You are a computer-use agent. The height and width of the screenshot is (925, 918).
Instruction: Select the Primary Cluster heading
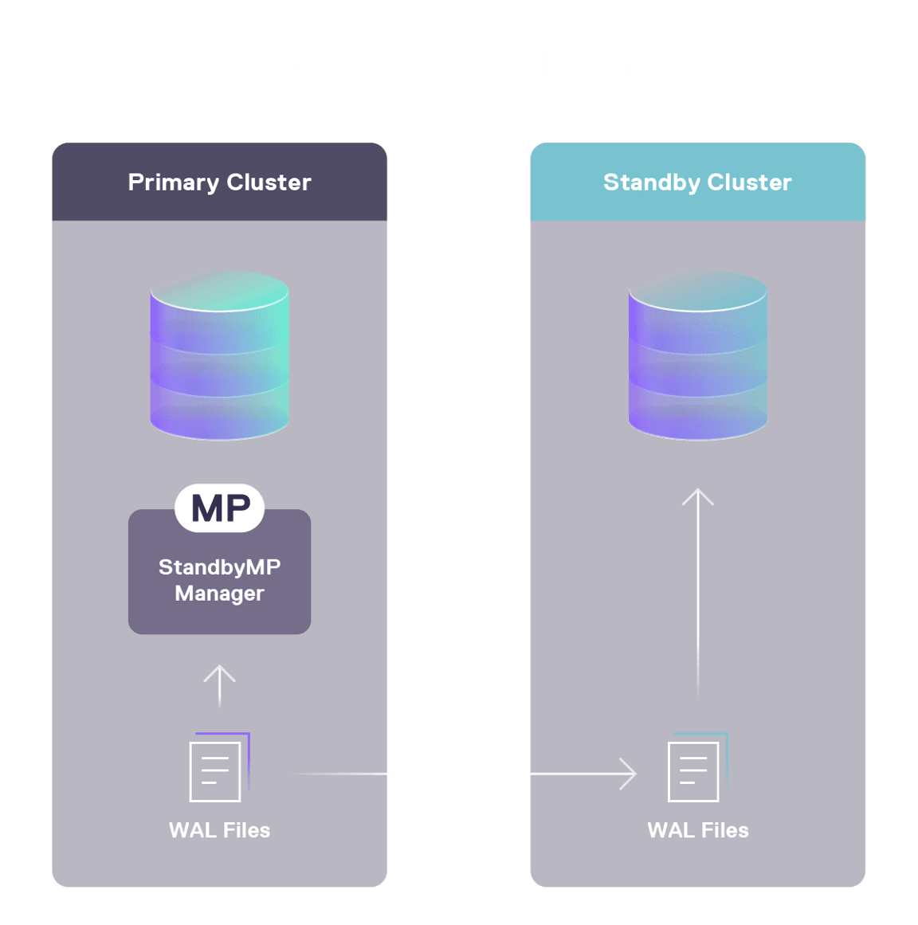[x=219, y=182]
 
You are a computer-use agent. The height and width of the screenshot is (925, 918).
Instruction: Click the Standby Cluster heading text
[x=697, y=182]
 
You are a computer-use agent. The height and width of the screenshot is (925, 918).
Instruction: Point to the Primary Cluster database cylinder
[x=219, y=359]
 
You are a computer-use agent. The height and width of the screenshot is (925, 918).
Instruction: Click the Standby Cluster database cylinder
[x=697, y=359]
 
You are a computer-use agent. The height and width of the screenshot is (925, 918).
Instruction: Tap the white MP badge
[x=220, y=508]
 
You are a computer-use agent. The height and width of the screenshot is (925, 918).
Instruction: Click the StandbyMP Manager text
[x=219, y=580]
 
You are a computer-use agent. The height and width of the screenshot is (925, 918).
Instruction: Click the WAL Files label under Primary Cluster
[x=219, y=830]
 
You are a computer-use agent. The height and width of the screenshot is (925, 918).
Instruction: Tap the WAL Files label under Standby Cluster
[x=698, y=830]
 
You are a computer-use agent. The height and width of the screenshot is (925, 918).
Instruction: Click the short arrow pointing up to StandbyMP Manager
[x=219, y=685]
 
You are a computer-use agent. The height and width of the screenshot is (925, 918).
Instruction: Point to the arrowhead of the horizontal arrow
[x=630, y=774]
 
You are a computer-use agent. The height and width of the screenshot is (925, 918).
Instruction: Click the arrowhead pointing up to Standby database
[x=698, y=496]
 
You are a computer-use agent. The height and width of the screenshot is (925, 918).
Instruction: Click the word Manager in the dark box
[x=219, y=594]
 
